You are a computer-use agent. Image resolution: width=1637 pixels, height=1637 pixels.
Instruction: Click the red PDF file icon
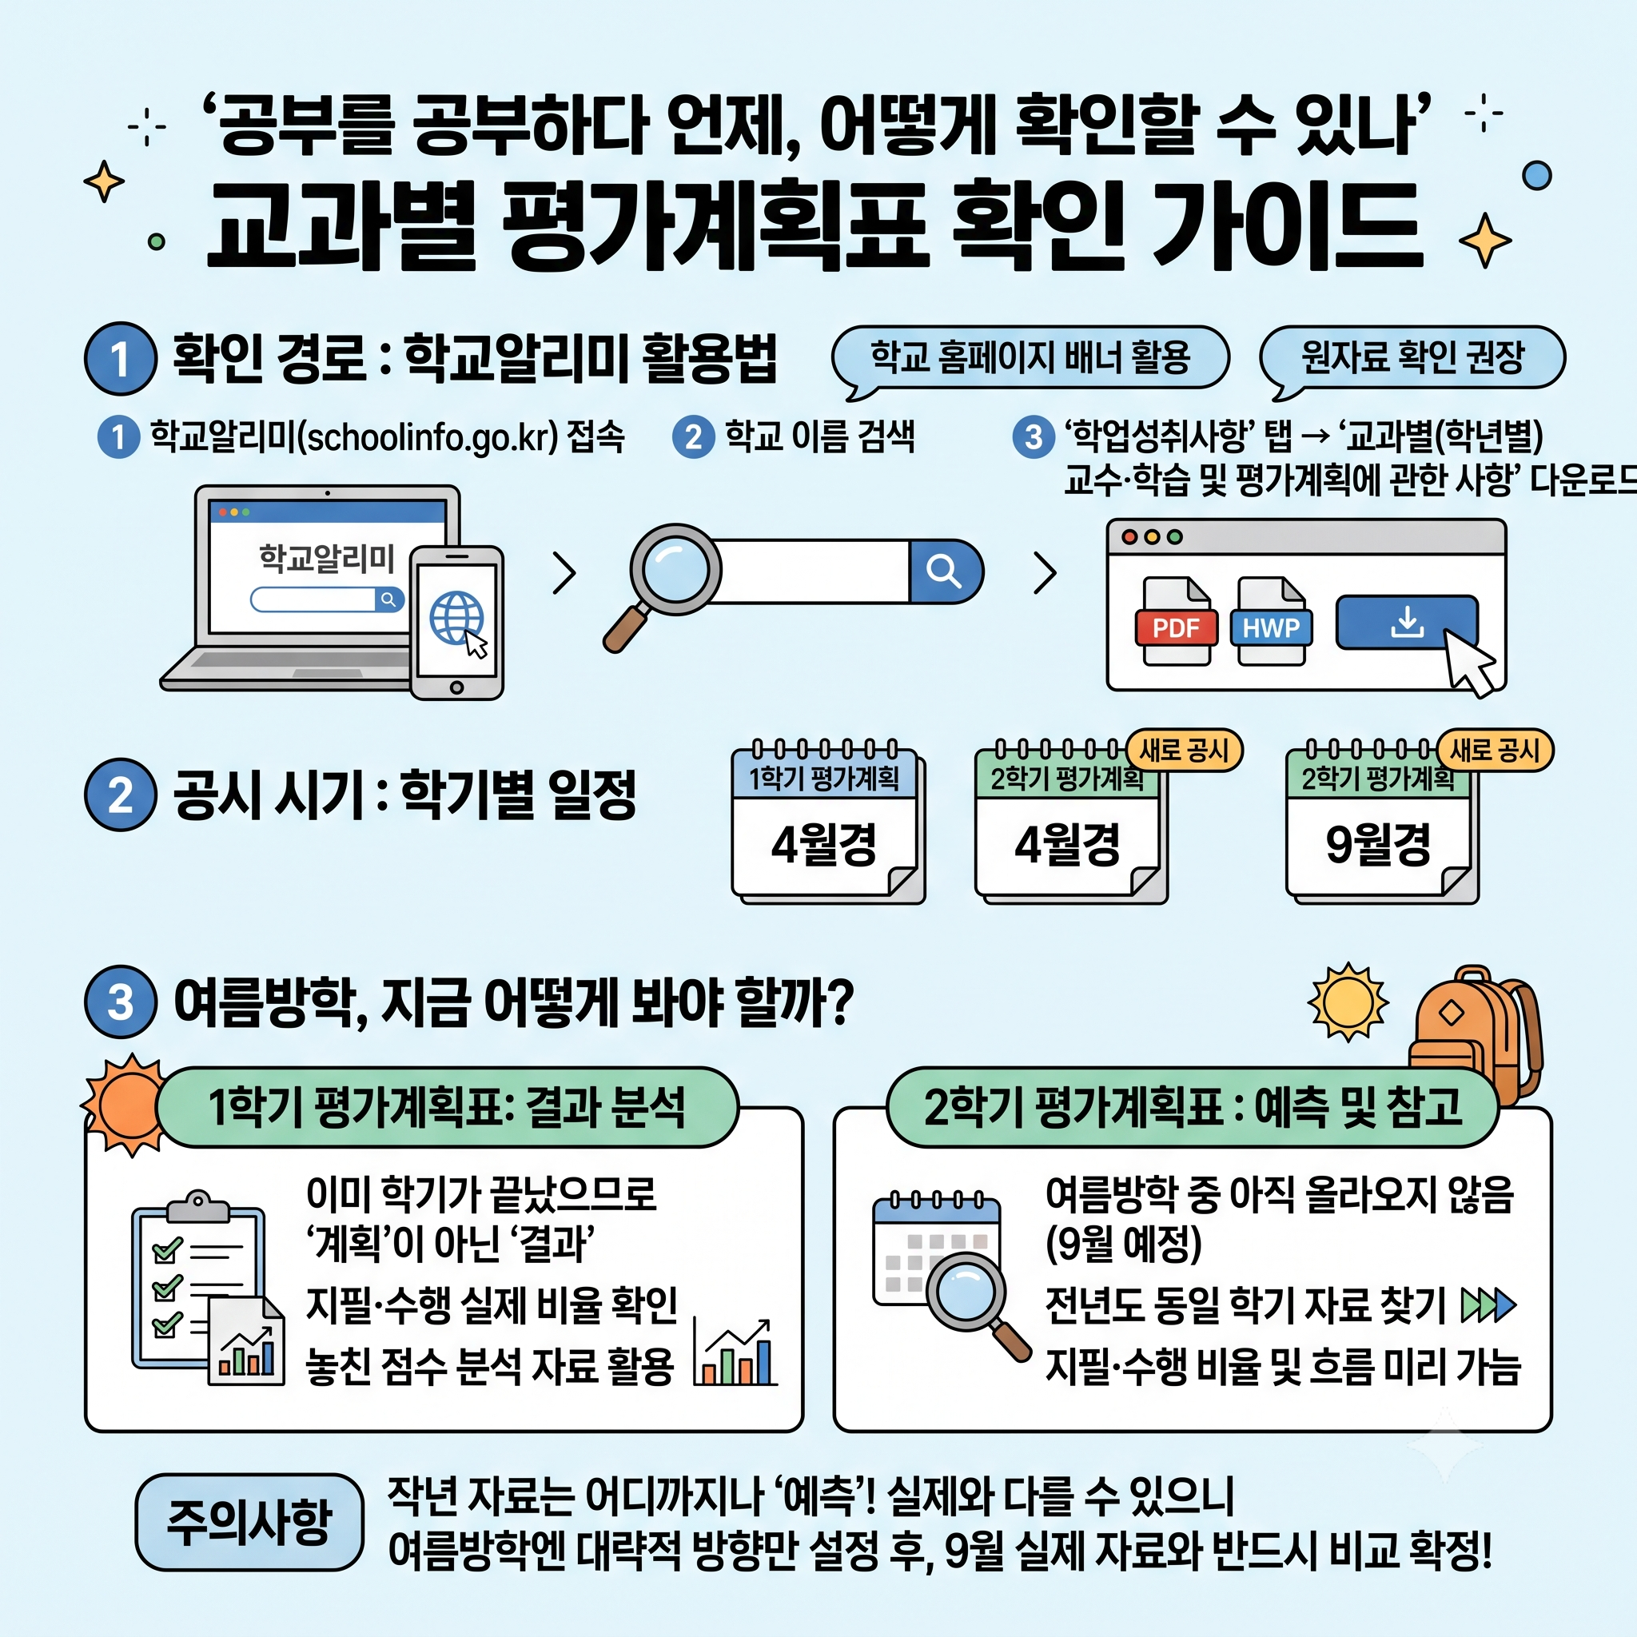pos(1176,621)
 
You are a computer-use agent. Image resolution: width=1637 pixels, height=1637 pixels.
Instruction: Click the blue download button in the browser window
pos(1407,623)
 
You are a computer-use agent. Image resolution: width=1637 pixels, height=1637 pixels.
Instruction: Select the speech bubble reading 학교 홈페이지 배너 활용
pos(1030,359)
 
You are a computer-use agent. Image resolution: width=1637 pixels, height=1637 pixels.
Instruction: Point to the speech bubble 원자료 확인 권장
pos(1412,359)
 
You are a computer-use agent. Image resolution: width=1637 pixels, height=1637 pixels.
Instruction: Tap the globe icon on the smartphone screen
pos(456,618)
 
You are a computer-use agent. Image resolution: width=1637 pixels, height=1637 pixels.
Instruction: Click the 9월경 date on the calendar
pos(1379,845)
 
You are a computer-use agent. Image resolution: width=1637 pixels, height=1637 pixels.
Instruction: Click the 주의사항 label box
pos(249,1522)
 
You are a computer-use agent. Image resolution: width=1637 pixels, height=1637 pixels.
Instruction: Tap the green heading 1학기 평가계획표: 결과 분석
pos(448,1107)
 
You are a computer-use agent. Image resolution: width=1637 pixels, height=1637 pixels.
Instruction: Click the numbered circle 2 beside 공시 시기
pos(121,795)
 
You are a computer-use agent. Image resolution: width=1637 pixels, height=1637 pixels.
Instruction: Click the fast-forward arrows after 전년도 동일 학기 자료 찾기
pos(1488,1306)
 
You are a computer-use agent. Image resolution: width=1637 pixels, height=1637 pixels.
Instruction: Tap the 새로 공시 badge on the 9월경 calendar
pos(1496,750)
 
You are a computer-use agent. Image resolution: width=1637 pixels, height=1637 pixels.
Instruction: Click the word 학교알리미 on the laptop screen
pos(327,559)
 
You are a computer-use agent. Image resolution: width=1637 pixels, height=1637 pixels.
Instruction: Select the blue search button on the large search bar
pos(945,571)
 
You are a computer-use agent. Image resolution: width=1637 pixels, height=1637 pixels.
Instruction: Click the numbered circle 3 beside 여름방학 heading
pos(121,1002)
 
